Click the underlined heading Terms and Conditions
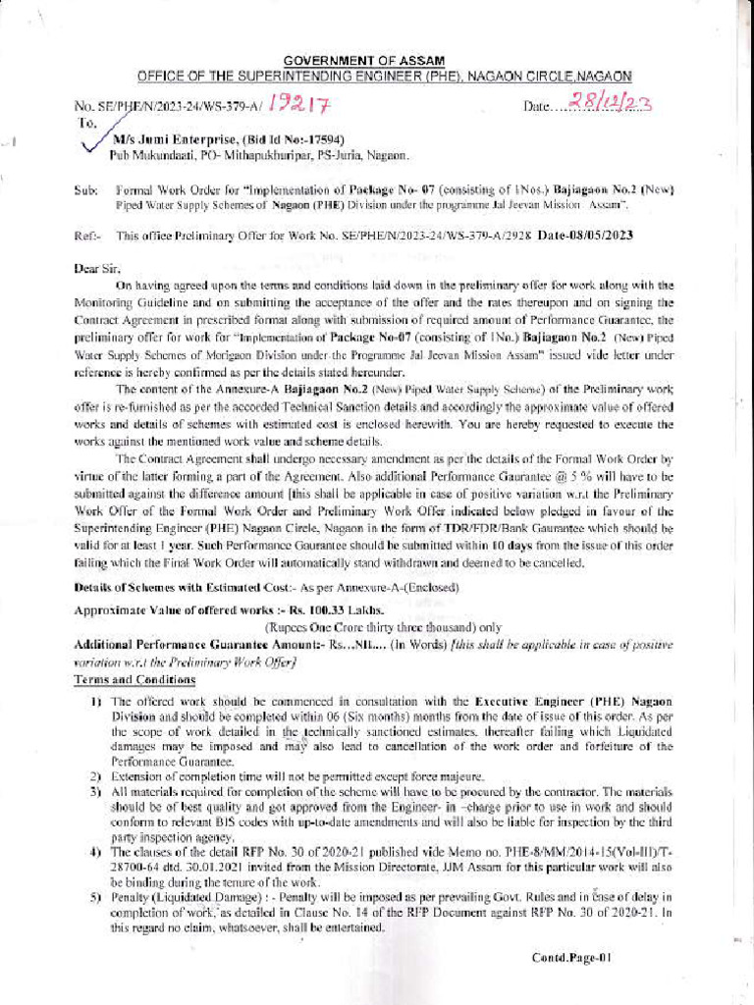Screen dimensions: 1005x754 135,679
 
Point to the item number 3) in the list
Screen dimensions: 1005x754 97,791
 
